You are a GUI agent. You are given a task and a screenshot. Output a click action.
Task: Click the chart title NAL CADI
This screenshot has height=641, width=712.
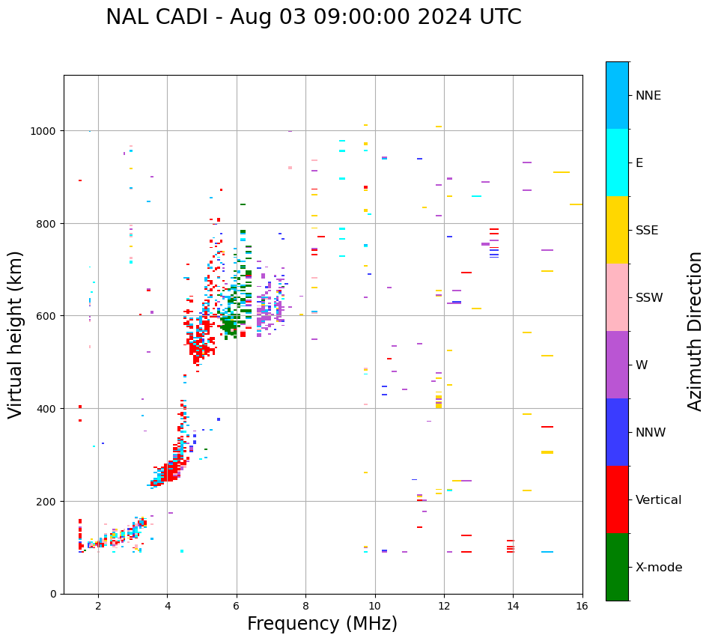pyautogui.click(x=313, y=17)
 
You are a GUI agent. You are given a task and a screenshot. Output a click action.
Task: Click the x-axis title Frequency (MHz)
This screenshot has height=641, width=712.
pyautogui.click(x=322, y=624)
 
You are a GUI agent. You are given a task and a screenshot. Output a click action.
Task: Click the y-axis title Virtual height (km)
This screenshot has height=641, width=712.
pyautogui.click(x=16, y=335)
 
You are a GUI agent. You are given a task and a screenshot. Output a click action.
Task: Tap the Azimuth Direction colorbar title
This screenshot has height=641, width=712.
pyautogui.click(x=696, y=331)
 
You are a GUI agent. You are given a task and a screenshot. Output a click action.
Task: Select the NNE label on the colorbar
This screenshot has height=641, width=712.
pyautogui.click(x=648, y=96)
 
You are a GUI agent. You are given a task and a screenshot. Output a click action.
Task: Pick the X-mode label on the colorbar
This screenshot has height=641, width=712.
pyautogui.click(x=659, y=568)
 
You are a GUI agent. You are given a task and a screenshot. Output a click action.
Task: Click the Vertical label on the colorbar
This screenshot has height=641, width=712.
pyautogui.click(x=659, y=500)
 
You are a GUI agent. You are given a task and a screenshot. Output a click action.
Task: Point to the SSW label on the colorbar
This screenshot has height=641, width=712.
pyautogui.click(x=649, y=298)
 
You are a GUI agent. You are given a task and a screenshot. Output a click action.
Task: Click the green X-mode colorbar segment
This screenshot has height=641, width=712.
pyautogui.click(x=617, y=567)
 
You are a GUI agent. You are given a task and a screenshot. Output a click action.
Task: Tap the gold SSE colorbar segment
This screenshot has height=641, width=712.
pyautogui.click(x=617, y=230)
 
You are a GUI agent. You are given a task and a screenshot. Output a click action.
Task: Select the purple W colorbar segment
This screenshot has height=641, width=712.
pyautogui.click(x=617, y=365)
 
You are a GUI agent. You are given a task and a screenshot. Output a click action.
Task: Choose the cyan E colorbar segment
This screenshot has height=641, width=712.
pyautogui.click(x=617, y=162)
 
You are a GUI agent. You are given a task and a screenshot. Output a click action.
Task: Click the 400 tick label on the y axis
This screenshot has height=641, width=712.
pyautogui.click(x=49, y=409)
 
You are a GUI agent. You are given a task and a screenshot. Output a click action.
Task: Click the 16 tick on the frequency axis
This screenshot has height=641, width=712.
pyautogui.click(x=582, y=607)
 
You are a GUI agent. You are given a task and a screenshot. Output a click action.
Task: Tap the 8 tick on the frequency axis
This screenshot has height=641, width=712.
pyautogui.click(x=305, y=607)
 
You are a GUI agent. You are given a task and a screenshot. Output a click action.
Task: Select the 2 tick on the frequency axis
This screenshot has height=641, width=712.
pyautogui.click(x=98, y=607)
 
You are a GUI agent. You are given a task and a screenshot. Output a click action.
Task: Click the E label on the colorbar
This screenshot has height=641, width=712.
pyautogui.click(x=639, y=163)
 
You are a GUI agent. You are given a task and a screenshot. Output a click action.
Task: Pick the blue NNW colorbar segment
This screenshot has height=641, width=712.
pyautogui.click(x=617, y=432)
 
